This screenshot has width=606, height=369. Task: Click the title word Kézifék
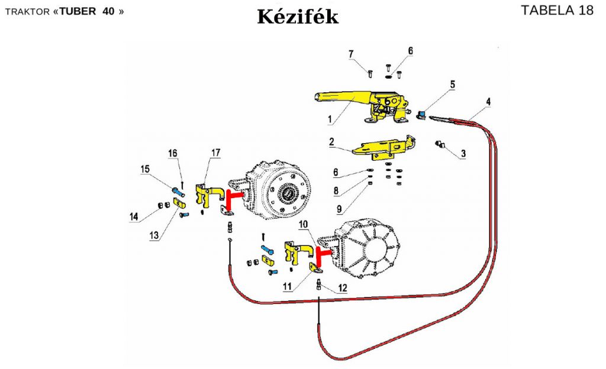click(x=298, y=16)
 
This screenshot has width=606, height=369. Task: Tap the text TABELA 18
click(x=557, y=11)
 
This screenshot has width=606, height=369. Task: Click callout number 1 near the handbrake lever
click(x=329, y=119)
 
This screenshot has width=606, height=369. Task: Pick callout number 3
click(x=463, y=154)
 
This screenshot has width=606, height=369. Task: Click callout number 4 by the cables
click(x=488, y=102)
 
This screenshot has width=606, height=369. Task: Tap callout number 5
click(x=452, y=84)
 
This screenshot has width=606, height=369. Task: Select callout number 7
click(x=351, y=54)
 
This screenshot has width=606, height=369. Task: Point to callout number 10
click(x=304, y=225)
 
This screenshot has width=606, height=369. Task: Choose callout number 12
click(x=343, y=289)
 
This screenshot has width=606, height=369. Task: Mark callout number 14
click(x=134, y=217)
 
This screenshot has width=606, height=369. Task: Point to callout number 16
click(x=173, y=154)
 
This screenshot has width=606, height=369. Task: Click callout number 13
click(x=154, y=235)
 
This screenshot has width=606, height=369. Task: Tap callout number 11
click(x=288, y=287)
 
